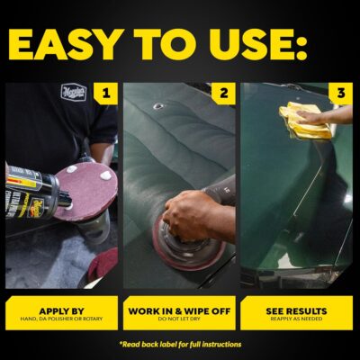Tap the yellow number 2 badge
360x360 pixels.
coord(221,93)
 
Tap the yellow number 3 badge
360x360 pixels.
coord(339,93)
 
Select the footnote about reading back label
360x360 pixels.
coord(179,345)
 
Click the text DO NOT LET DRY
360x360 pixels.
coord(179,319)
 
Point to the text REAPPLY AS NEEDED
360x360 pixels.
coord(297,319)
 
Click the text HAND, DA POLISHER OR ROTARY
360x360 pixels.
coord(61,319)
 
